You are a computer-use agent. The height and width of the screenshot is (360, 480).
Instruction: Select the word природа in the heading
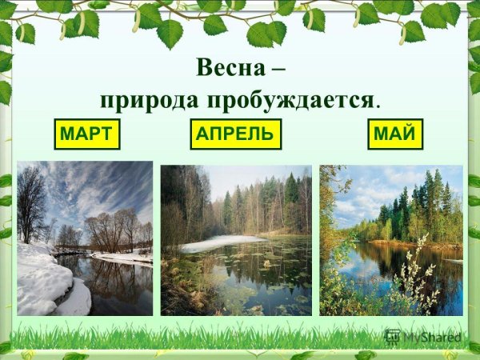[x=149, y=101]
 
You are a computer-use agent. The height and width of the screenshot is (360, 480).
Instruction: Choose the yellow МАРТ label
[x=86, y=134]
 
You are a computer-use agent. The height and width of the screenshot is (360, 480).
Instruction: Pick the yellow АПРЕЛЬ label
[x=237, y=134]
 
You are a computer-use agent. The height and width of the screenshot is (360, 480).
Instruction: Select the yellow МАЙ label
[x=395, y=134]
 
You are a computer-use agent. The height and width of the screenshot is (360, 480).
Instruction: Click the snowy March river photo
[x=85, y=238]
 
